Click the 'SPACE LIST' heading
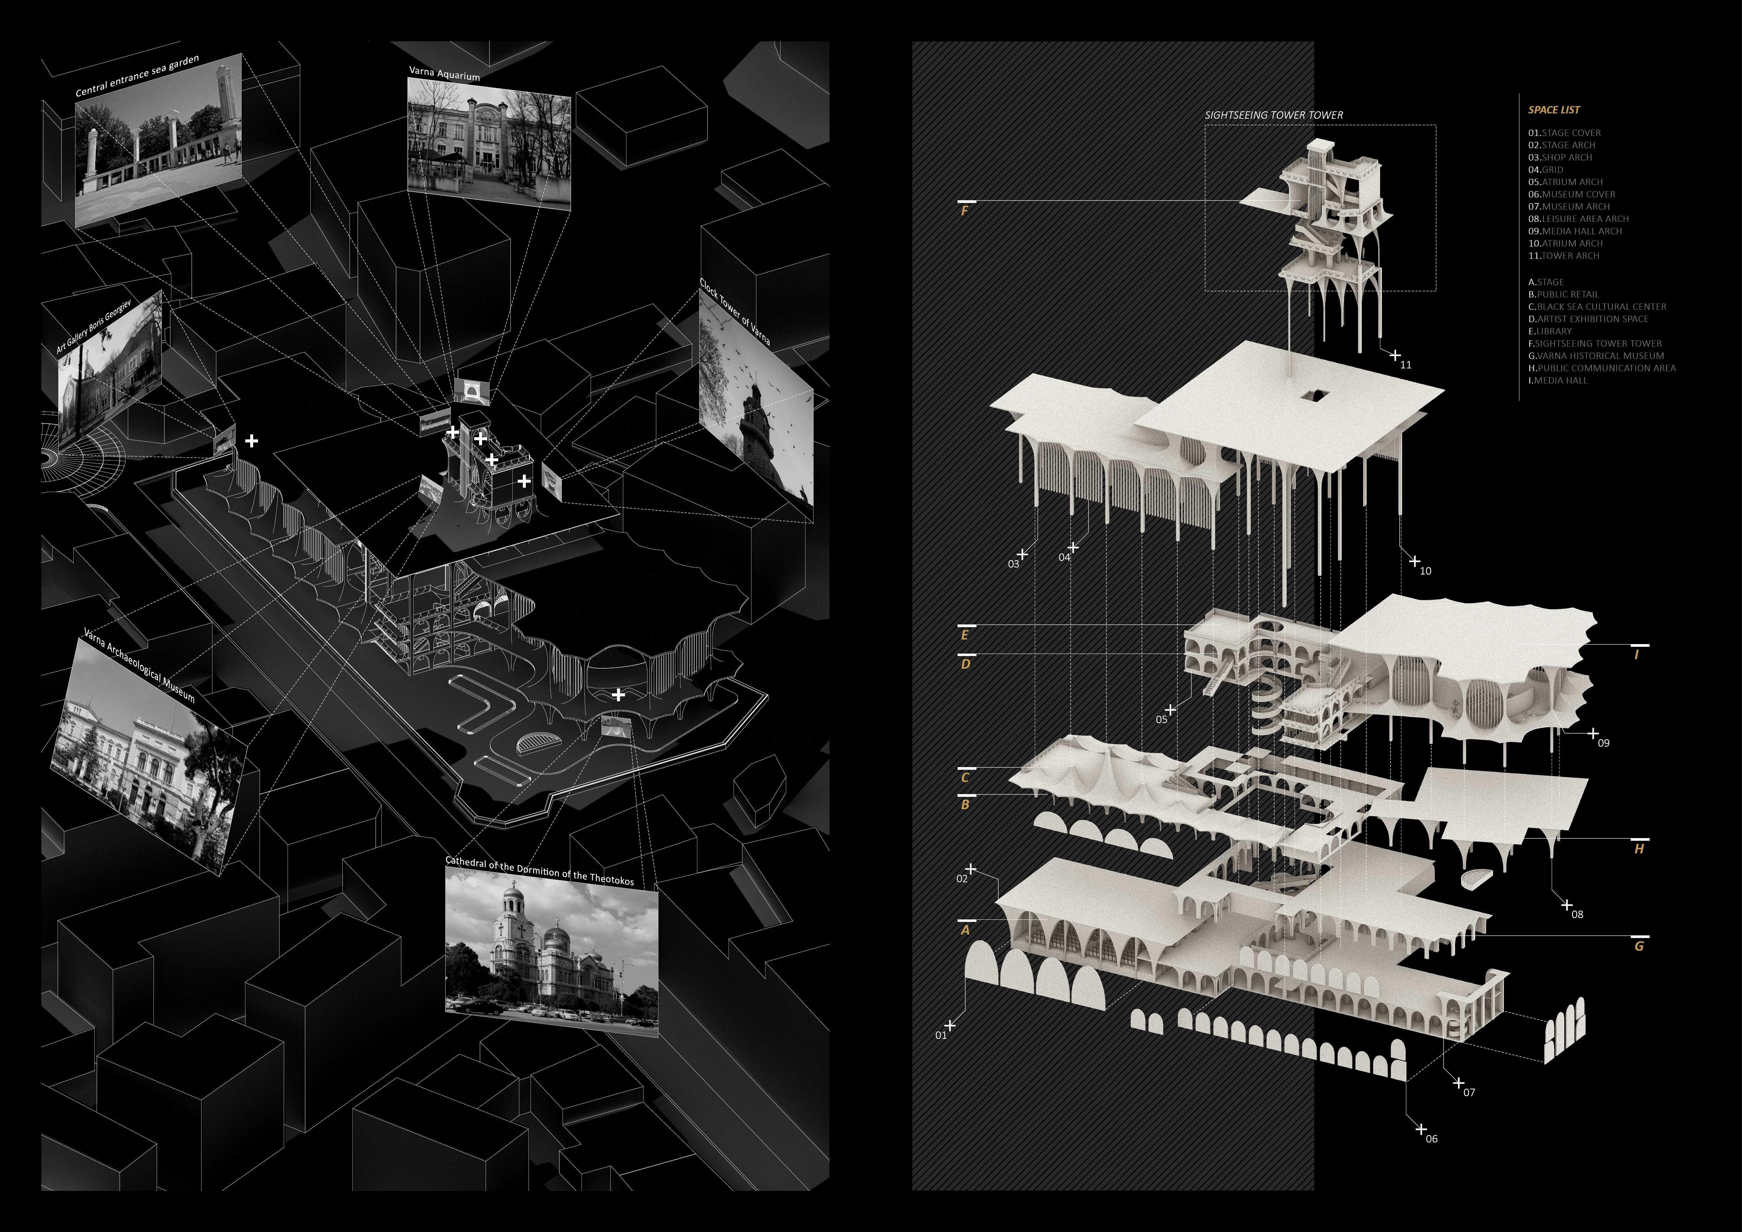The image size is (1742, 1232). pos(1554,110)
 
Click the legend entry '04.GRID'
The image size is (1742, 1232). pos(1545,170)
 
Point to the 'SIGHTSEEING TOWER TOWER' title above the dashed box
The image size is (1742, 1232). pos(1274,115)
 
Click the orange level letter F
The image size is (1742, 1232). pos(964,212)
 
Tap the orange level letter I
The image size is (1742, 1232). pos(1637,655)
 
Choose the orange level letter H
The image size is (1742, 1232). pos(1639,850)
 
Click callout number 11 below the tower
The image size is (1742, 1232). pos(1405,365)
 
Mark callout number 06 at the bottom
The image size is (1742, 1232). pos(1431,1139)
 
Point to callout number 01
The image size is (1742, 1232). pos(941,1035)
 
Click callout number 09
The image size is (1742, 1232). pos(1603,743)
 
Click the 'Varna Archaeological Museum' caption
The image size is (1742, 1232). pos(139,664)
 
